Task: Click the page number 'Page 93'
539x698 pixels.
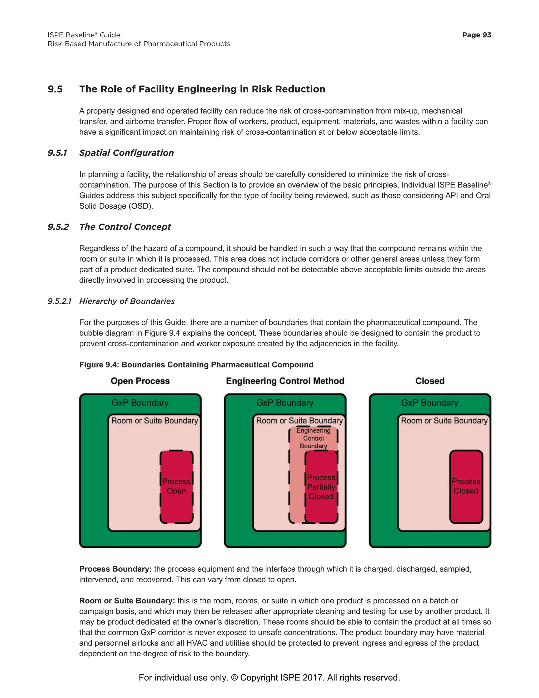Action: pyautogui.click(x=476, y=35)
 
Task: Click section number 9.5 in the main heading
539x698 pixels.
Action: pyautogui.click(x=55, y=89)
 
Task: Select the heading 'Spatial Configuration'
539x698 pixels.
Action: pyautogui.click(x=126, y=153)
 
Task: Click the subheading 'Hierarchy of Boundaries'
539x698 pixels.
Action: pyautogui.click(x=127, y=301)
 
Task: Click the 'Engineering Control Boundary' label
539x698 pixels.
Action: pyautogui.click(x=313, y=438)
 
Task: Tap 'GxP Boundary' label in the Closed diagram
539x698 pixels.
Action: pyautogui.click(x=430, y=403)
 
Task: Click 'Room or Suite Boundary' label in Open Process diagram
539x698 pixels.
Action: pyautogui.click(x=154, y=421)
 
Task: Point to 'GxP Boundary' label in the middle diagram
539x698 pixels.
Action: pyautogui.click(x=285, y=403)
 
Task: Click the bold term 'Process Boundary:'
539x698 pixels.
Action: pyautogui.click(x=115, y=569)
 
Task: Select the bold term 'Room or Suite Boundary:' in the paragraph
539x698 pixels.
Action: pyautogui.click(x=127, y=601)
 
